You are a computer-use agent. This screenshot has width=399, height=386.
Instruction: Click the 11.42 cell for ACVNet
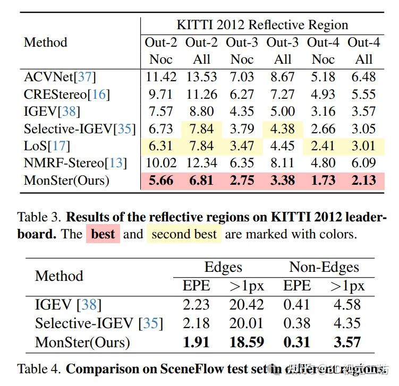click(x=161, y=76)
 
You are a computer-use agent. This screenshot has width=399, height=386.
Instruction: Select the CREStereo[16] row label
click(x=66, y=94)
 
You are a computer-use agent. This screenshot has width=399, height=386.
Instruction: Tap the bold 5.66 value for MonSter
click(x=161, y=181)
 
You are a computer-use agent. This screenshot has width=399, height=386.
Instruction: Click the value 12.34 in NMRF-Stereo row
click(x=201, y=163)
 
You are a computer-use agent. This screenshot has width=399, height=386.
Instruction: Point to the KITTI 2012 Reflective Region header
click(x=262, y=25)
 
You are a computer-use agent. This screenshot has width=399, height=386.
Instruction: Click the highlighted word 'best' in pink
click(x=103, y=234)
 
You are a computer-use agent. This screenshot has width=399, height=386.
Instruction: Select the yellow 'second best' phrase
click(x=184, y=234)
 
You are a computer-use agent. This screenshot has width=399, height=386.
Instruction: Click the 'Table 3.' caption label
click(x=40, y=217)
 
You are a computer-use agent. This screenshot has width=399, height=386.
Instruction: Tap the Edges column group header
click(x=223, y=267)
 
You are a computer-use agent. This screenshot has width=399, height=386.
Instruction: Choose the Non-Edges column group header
click(x=324, y=267)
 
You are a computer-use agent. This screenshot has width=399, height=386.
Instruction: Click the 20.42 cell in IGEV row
click(x=246, y=305)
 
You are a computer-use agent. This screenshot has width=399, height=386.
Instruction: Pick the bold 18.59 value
click(x=246, y=342)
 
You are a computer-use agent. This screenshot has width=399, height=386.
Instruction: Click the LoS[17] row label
click(x=47, y=146)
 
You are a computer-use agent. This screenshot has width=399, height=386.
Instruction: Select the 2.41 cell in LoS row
click(x=323, y=146)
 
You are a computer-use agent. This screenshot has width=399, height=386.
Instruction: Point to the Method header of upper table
click(x=46, y=42)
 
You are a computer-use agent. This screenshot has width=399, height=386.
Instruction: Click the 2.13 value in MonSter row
click(x=364, y=181)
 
